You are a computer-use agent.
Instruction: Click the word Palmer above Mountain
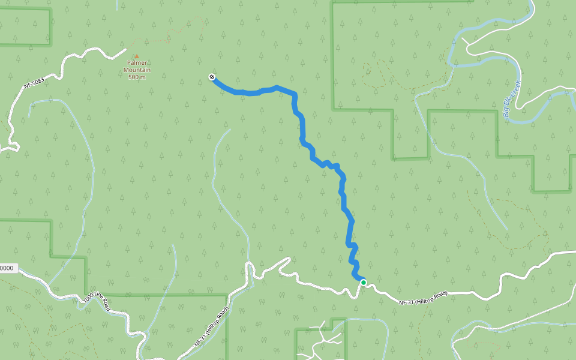click(137, 63)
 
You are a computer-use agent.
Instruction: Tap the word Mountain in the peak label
click(137, 70)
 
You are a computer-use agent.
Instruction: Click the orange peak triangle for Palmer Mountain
click(136, 56)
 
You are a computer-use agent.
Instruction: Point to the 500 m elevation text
click(137, 77)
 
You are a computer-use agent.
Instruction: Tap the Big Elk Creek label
click(511, 101)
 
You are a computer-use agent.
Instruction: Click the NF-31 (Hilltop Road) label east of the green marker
click(423, 297)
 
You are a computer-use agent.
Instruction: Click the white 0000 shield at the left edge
click(7, 268)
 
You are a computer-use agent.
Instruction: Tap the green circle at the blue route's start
click(363, 282)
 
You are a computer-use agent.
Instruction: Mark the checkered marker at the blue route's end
click(212, 77)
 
